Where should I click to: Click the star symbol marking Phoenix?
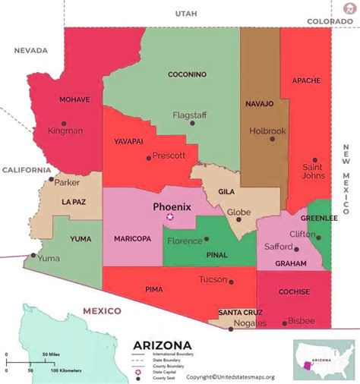tap(170, 217)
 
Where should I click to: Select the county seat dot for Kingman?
tap(64, 123)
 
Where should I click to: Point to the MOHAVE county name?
tap(75, 99)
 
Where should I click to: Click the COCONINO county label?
tap(188, 74)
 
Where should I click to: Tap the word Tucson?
tap(213, 279)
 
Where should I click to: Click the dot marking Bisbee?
tap(285, 323)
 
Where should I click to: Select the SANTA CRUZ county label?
tap(241, 313)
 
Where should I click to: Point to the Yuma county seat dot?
tap(33, 256)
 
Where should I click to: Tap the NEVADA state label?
tap(30, 51)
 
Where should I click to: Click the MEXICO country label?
tap(102, 311)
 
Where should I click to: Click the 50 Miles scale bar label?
tap(51, 355)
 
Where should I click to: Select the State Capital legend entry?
tap(166, 371)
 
